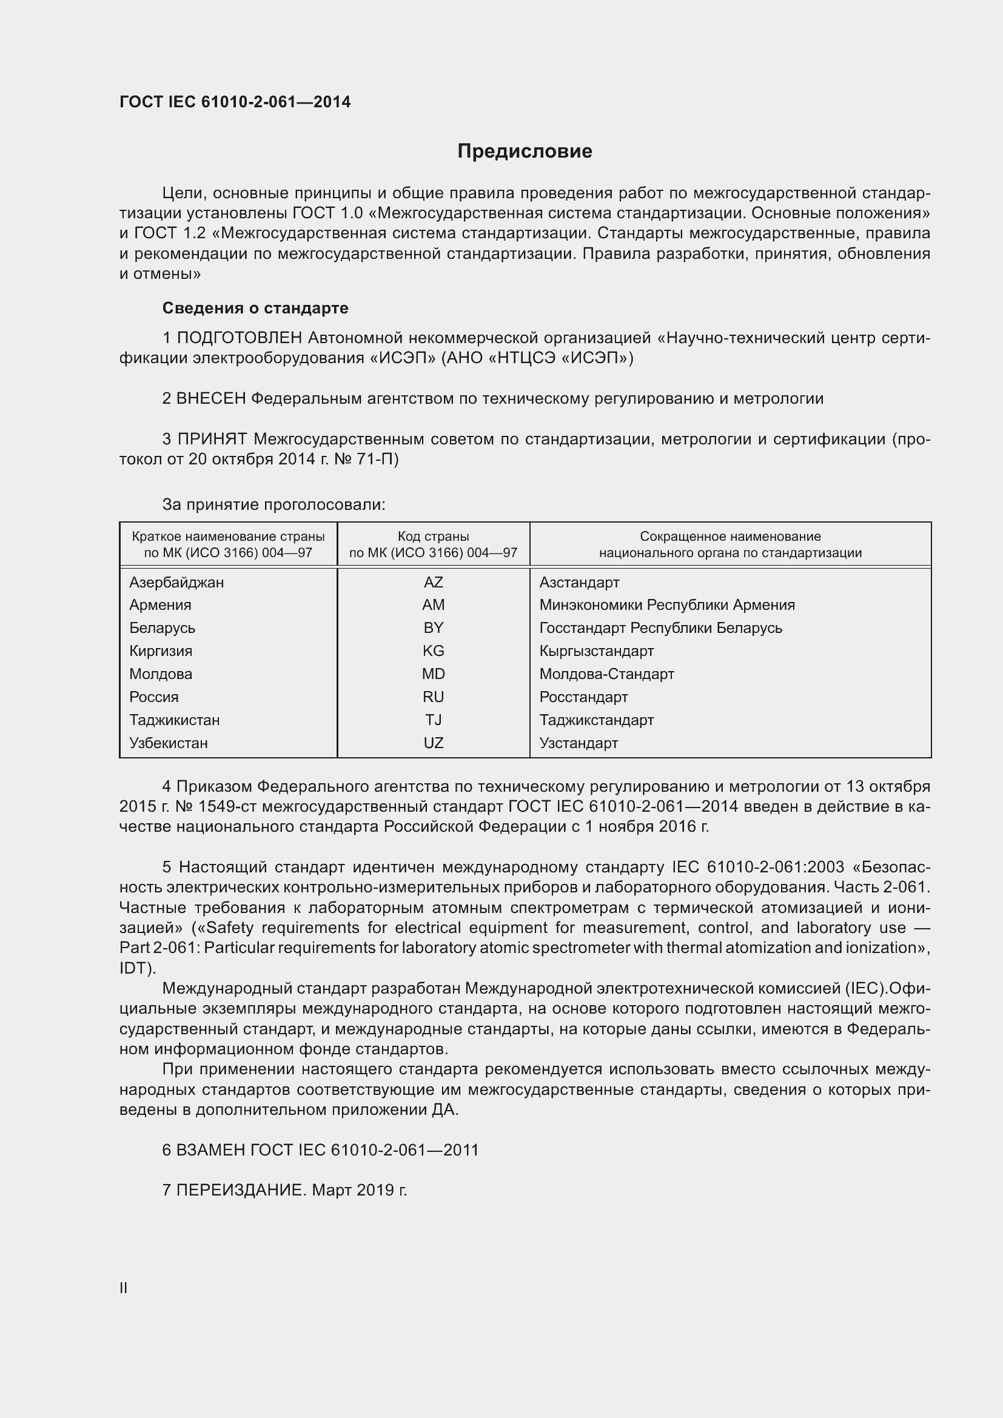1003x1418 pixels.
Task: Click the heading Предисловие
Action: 525,152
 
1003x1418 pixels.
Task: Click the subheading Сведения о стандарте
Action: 255,307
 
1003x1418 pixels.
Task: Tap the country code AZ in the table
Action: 433,583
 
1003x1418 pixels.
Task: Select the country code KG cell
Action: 433,651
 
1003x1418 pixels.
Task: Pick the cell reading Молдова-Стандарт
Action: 606,674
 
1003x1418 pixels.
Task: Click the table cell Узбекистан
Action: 168,743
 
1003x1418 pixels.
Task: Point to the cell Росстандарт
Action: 583,697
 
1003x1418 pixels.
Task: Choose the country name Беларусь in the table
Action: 162,628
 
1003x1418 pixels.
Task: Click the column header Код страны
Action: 433,537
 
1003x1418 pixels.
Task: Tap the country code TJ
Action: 433,720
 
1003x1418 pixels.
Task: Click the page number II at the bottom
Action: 124,1288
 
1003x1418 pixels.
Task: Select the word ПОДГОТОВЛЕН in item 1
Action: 240,338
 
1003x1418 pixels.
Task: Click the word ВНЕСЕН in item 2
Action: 211,399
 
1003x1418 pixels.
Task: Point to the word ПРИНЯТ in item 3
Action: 212,439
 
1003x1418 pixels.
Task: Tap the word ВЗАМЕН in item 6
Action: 210,1150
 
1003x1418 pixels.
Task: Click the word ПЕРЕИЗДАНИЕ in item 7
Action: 241,1190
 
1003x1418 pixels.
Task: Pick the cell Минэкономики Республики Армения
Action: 666,605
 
